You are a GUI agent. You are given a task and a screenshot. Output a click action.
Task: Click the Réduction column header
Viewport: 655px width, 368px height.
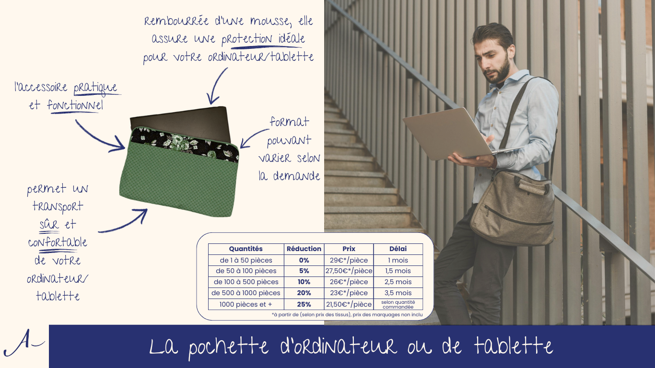[304, 249]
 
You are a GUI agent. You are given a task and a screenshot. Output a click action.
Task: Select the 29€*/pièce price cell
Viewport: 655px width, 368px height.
[349, 260]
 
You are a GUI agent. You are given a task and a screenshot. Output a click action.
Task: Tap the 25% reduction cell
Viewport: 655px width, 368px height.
[304, 304]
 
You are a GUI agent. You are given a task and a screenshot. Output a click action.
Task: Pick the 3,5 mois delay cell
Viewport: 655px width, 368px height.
[398, 293]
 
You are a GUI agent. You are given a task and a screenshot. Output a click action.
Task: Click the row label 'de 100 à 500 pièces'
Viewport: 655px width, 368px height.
[246, 282]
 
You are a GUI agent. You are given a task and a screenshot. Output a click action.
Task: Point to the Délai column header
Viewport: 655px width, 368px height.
[398, 249]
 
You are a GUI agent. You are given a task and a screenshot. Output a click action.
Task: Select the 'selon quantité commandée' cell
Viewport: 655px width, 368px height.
[398, 304]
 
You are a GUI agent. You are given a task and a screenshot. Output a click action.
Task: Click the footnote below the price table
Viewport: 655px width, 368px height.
[347, 315]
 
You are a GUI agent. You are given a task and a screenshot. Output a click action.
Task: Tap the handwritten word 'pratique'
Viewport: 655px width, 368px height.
[95, 88]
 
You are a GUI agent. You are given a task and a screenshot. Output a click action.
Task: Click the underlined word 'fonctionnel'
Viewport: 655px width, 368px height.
[75, 106]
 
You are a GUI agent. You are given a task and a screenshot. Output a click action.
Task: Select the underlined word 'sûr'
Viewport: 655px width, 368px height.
[49, 224]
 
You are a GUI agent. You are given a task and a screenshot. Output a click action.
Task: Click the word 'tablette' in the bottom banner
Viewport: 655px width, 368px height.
[513, 346]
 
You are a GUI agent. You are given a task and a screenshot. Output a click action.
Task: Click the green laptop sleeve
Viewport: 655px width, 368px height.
[179, 172]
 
